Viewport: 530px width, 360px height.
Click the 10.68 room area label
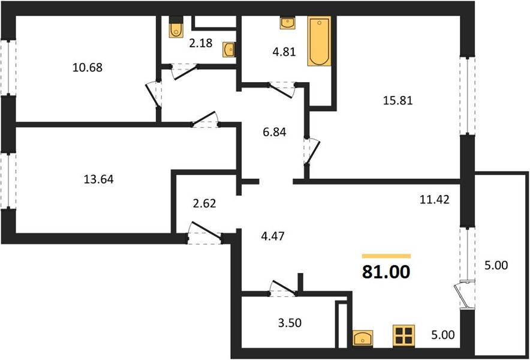click(87, 68)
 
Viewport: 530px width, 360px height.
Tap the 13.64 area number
click(98, 179)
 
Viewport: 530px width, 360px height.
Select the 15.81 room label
click(398, 101)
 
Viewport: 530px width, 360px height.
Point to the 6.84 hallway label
click(275, 132)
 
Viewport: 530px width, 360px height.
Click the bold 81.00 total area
click(386, 272)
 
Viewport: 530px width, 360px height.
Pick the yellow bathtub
click(319, 41)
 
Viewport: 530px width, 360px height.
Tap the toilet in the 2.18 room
click(176, 27)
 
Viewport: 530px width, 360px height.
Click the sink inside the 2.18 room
click(229, 50)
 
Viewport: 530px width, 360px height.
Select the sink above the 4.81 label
click(288, 22)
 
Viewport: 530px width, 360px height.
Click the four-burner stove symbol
click(404, 335)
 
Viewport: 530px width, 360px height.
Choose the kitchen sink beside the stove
click(363, 338)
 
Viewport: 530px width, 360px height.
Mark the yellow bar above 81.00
click(386, 256)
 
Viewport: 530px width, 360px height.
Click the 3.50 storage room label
click(290, 323)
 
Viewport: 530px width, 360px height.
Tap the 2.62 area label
click(204, 203)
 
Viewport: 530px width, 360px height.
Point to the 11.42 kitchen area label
click(434, 200)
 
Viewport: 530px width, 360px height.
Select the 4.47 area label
click(272, 236)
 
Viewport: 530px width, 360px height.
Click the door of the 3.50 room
click(283, 288)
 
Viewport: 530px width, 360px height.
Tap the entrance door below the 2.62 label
click(205, 233)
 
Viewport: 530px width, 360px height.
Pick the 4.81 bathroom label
click(284, 52)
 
